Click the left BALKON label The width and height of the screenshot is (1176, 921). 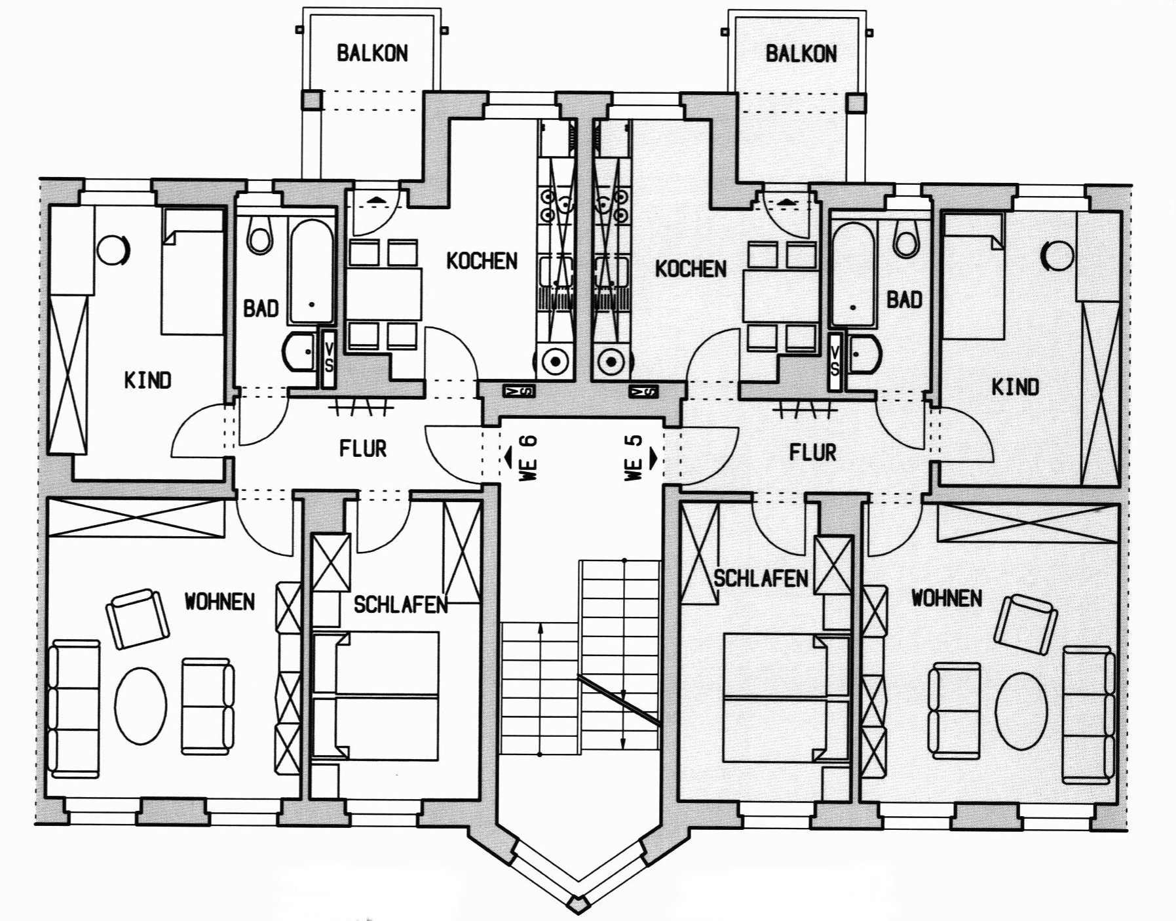[x=372, y=53]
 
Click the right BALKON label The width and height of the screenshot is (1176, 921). [x=801, y=53]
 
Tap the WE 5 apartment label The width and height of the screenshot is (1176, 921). [x=634, y=458]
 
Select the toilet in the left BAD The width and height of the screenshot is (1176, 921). [x=259, y=236]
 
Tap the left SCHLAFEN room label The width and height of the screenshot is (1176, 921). [x=400, y=604]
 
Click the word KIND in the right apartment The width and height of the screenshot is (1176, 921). [x=1015, y=387]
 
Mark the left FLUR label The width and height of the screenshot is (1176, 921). [x=362, y=448]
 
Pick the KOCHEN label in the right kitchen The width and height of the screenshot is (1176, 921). [x=691, y=269]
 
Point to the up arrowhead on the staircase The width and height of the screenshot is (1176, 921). [x=539, y=629]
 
